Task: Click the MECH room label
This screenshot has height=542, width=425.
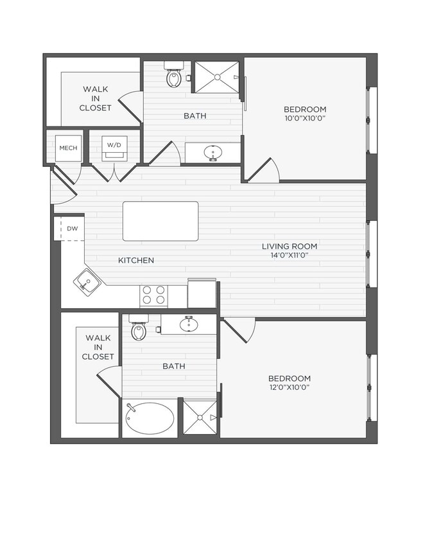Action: coord(68,147)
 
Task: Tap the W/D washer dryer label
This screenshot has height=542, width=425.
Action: coord(114,146)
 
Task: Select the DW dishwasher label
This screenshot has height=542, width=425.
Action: coord(72,229)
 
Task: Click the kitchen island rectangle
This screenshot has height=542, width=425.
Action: coord(160,221)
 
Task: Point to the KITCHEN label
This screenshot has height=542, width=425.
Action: coord(136,261)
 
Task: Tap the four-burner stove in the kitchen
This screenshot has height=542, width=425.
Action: coord(154,295)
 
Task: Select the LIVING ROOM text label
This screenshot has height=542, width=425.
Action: coord(289,247)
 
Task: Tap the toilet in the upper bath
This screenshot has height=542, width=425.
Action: coord(174,76)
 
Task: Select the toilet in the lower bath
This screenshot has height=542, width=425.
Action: coord(139,329)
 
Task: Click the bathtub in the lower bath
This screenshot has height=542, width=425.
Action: coord(150,419)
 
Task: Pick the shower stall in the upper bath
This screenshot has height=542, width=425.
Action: coord(216,77)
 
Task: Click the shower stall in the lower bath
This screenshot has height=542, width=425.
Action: coord(200,417)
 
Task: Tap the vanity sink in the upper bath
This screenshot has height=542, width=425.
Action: coord(212,153)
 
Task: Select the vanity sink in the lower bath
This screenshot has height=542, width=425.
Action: coord(188,324)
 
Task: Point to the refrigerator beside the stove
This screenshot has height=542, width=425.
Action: coord(202,293)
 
